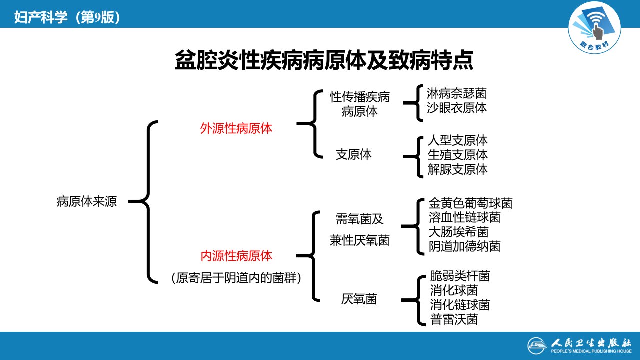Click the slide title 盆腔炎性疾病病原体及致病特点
(x=324, y=60)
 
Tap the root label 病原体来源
(x=87, y=201)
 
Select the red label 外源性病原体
(x=236, y=129)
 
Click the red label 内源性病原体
(x=236, y=256)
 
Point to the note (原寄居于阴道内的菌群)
(x=236, y=278)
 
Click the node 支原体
(x=354, y=154)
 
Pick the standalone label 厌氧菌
(x=359, y=299)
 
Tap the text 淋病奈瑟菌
(x=456, y=93)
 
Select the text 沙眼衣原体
(x=456, y=108)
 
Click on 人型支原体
(x=457, y=140)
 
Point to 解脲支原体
(x=457, y=169)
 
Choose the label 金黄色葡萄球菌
(x=470, y=203)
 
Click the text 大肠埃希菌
(x=458, y=232)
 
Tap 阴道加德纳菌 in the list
(x=464, y=246)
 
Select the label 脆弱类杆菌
(x=460, y=276)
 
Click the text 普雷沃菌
(x=454, y=319)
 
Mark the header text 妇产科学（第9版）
(x=67, y=17)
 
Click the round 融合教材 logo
(x=594, y=28)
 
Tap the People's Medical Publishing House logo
(x=579, y=346)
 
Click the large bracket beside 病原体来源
(x=148, y=202)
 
